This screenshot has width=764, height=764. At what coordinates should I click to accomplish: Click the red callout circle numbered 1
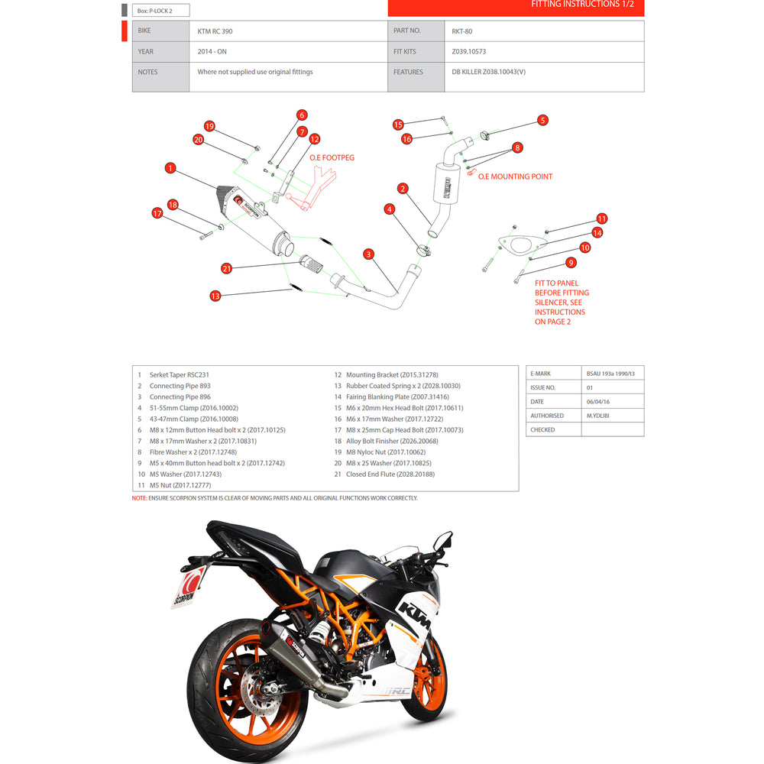pyautogui.click(x=170, y=167)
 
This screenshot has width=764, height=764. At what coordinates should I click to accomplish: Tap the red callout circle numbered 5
pyautogui.click(x=542, y=120)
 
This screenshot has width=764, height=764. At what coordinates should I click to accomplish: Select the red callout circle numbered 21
pyautogui.click(x=226, y=268)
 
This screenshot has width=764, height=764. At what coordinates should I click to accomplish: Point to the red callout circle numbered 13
pyautogui.click(x=215, y=296)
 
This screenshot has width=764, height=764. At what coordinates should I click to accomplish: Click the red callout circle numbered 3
pyautogui.click(x=368, y=254)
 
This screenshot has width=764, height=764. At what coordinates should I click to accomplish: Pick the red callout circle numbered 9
pyautogui.click(x=570, y=263)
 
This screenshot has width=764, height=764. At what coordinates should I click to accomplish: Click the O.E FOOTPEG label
pyautogui.click(x=332, y=157)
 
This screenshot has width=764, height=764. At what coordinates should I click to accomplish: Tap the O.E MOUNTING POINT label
pyautogui.click(x=515, y=176)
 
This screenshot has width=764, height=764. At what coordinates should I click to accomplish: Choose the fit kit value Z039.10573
pyautogui.click(x=469, y=52)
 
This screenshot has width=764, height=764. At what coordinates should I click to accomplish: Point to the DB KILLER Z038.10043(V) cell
pyautogui.click(x=489, y=72)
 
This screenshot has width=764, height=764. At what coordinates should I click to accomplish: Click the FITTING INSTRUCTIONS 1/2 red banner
pyautogui.click(x=516, y=7)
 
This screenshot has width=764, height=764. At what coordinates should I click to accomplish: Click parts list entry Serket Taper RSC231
pyautogui.click(x=179, y=375)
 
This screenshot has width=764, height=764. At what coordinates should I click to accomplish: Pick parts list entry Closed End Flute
pyautogui.click(x=390, y=474)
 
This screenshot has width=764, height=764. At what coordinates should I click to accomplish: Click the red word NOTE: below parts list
pyautogui.click(x=139, y=498)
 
